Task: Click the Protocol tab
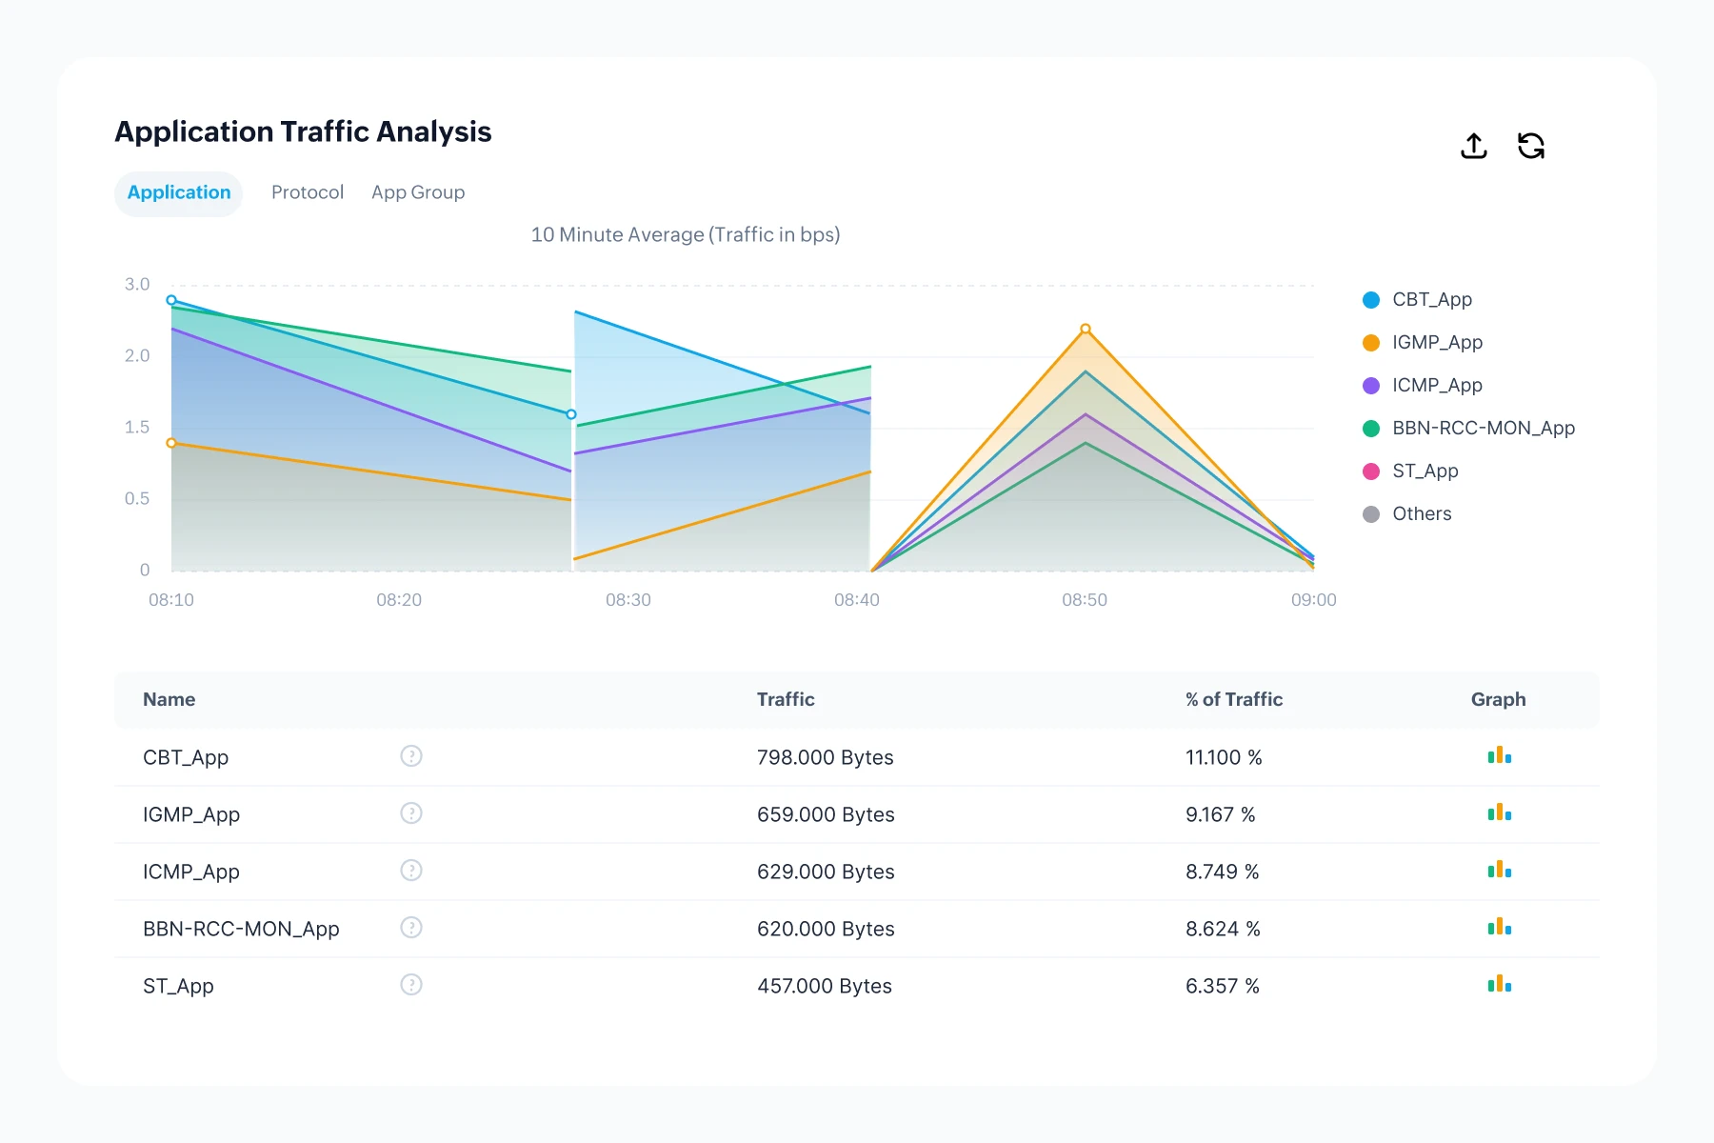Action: pos(307,192)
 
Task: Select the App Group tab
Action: pos(418,192)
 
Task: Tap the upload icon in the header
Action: pos(1473,146)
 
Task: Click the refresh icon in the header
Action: pos(1530,146)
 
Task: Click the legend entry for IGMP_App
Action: pos(1436,343)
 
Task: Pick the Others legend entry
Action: pos(1421,514)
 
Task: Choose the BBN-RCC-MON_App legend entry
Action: pos(1483,429)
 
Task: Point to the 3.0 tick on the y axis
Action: pos(137,285)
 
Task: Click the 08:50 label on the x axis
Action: pos(1085,600)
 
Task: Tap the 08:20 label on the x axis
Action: pos(399,600)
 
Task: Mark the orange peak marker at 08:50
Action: pos(1086,330)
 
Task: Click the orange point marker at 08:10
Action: pos(171,443)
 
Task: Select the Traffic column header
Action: pos(786,700)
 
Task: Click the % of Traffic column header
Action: pos(1233,700)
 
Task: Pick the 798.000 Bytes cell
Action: pos(825,758)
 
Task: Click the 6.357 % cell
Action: pos(1222,987)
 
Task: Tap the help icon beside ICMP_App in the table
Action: pos(411,871)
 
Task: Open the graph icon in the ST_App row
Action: pos(1499,984)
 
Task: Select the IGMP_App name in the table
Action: pos(191,815)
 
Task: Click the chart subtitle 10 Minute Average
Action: pos(685,235)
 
